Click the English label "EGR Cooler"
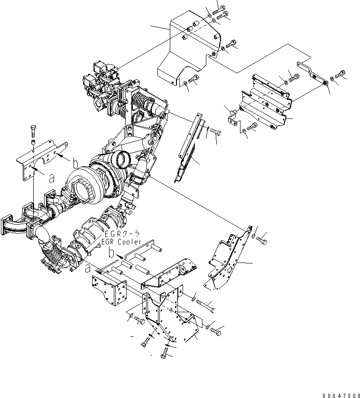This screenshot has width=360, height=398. pos(121,242)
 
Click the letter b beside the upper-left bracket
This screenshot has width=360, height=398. pos(75,164)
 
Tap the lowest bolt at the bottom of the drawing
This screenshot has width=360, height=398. pos(165,353)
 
